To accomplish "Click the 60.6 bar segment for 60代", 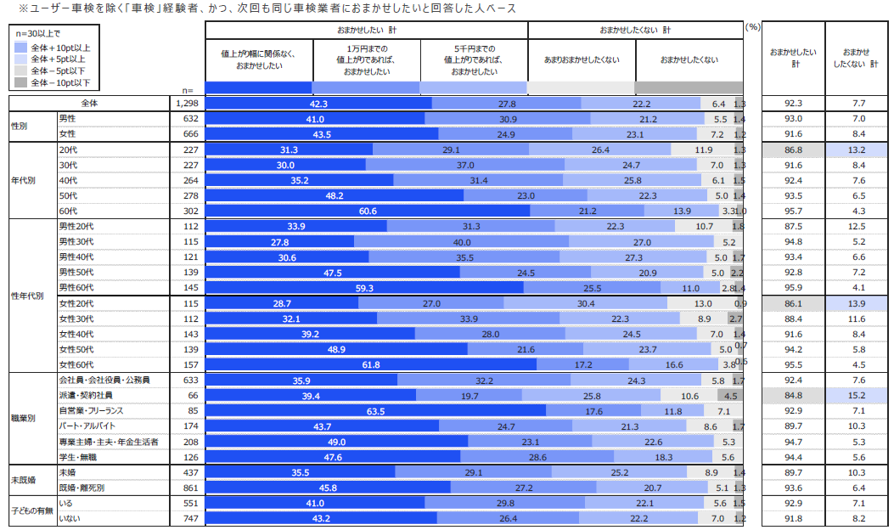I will coord(368,211).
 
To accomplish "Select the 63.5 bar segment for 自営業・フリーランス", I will coord(375,411).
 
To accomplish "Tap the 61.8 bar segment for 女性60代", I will coord(371,364).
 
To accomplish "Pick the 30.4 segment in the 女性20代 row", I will coord(586,303).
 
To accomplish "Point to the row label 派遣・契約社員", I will coord(85,395).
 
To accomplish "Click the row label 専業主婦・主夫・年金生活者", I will coord(108,442).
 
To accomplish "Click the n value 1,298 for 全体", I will coord(185,103).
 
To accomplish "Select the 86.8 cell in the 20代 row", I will coord(794,149).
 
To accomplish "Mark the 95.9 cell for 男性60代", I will coord(794,288).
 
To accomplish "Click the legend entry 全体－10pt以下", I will coord(60,83).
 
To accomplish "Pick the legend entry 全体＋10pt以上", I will coord(60,48).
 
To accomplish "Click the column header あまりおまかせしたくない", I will coord(582,59).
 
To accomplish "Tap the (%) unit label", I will coord(752,27).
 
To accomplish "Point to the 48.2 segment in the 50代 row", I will coord(335,195).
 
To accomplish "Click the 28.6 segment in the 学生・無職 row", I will coord(537,457).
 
